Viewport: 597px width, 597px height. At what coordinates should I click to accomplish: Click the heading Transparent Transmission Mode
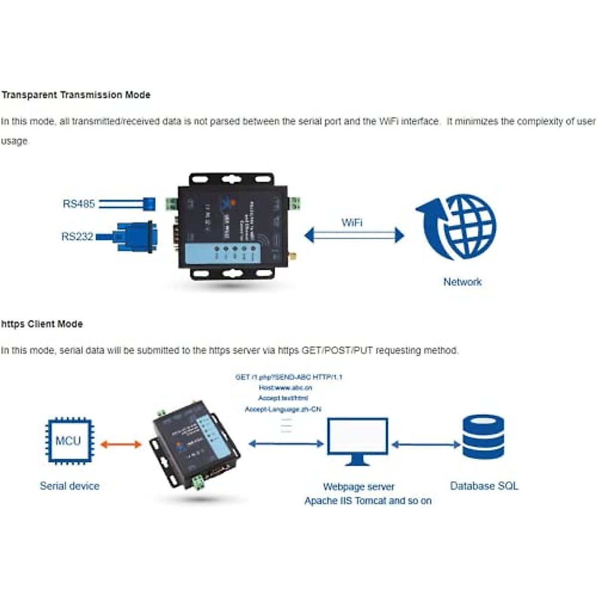click(76, 95)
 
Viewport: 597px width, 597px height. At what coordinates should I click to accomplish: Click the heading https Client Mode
click(42, 324)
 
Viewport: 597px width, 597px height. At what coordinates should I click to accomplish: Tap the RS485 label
click(78, 204)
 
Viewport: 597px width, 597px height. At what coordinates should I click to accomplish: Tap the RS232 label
click(77, 237)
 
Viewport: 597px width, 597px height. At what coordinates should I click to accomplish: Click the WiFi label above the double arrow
click(352, 222)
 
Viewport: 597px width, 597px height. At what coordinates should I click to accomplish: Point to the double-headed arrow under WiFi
click(354, 235)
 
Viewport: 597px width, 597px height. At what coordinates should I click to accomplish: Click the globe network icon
click(458, 227)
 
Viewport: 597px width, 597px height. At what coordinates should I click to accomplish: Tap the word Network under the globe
click(462, 282)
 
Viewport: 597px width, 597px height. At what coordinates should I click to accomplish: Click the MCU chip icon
click(69, 441)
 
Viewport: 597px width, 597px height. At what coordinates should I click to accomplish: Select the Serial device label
click(70, 486)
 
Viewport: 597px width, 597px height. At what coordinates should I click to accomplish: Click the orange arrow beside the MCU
click(121, 444)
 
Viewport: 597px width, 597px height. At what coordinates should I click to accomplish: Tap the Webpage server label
click(358, 487)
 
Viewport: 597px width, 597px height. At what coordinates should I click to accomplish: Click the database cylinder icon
click(483, 436)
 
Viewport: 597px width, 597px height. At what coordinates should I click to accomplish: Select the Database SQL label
click(484, 486)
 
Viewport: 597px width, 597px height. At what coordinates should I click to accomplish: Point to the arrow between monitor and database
click(426, 444)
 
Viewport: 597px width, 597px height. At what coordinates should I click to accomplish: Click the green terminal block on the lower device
click(199, 482)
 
